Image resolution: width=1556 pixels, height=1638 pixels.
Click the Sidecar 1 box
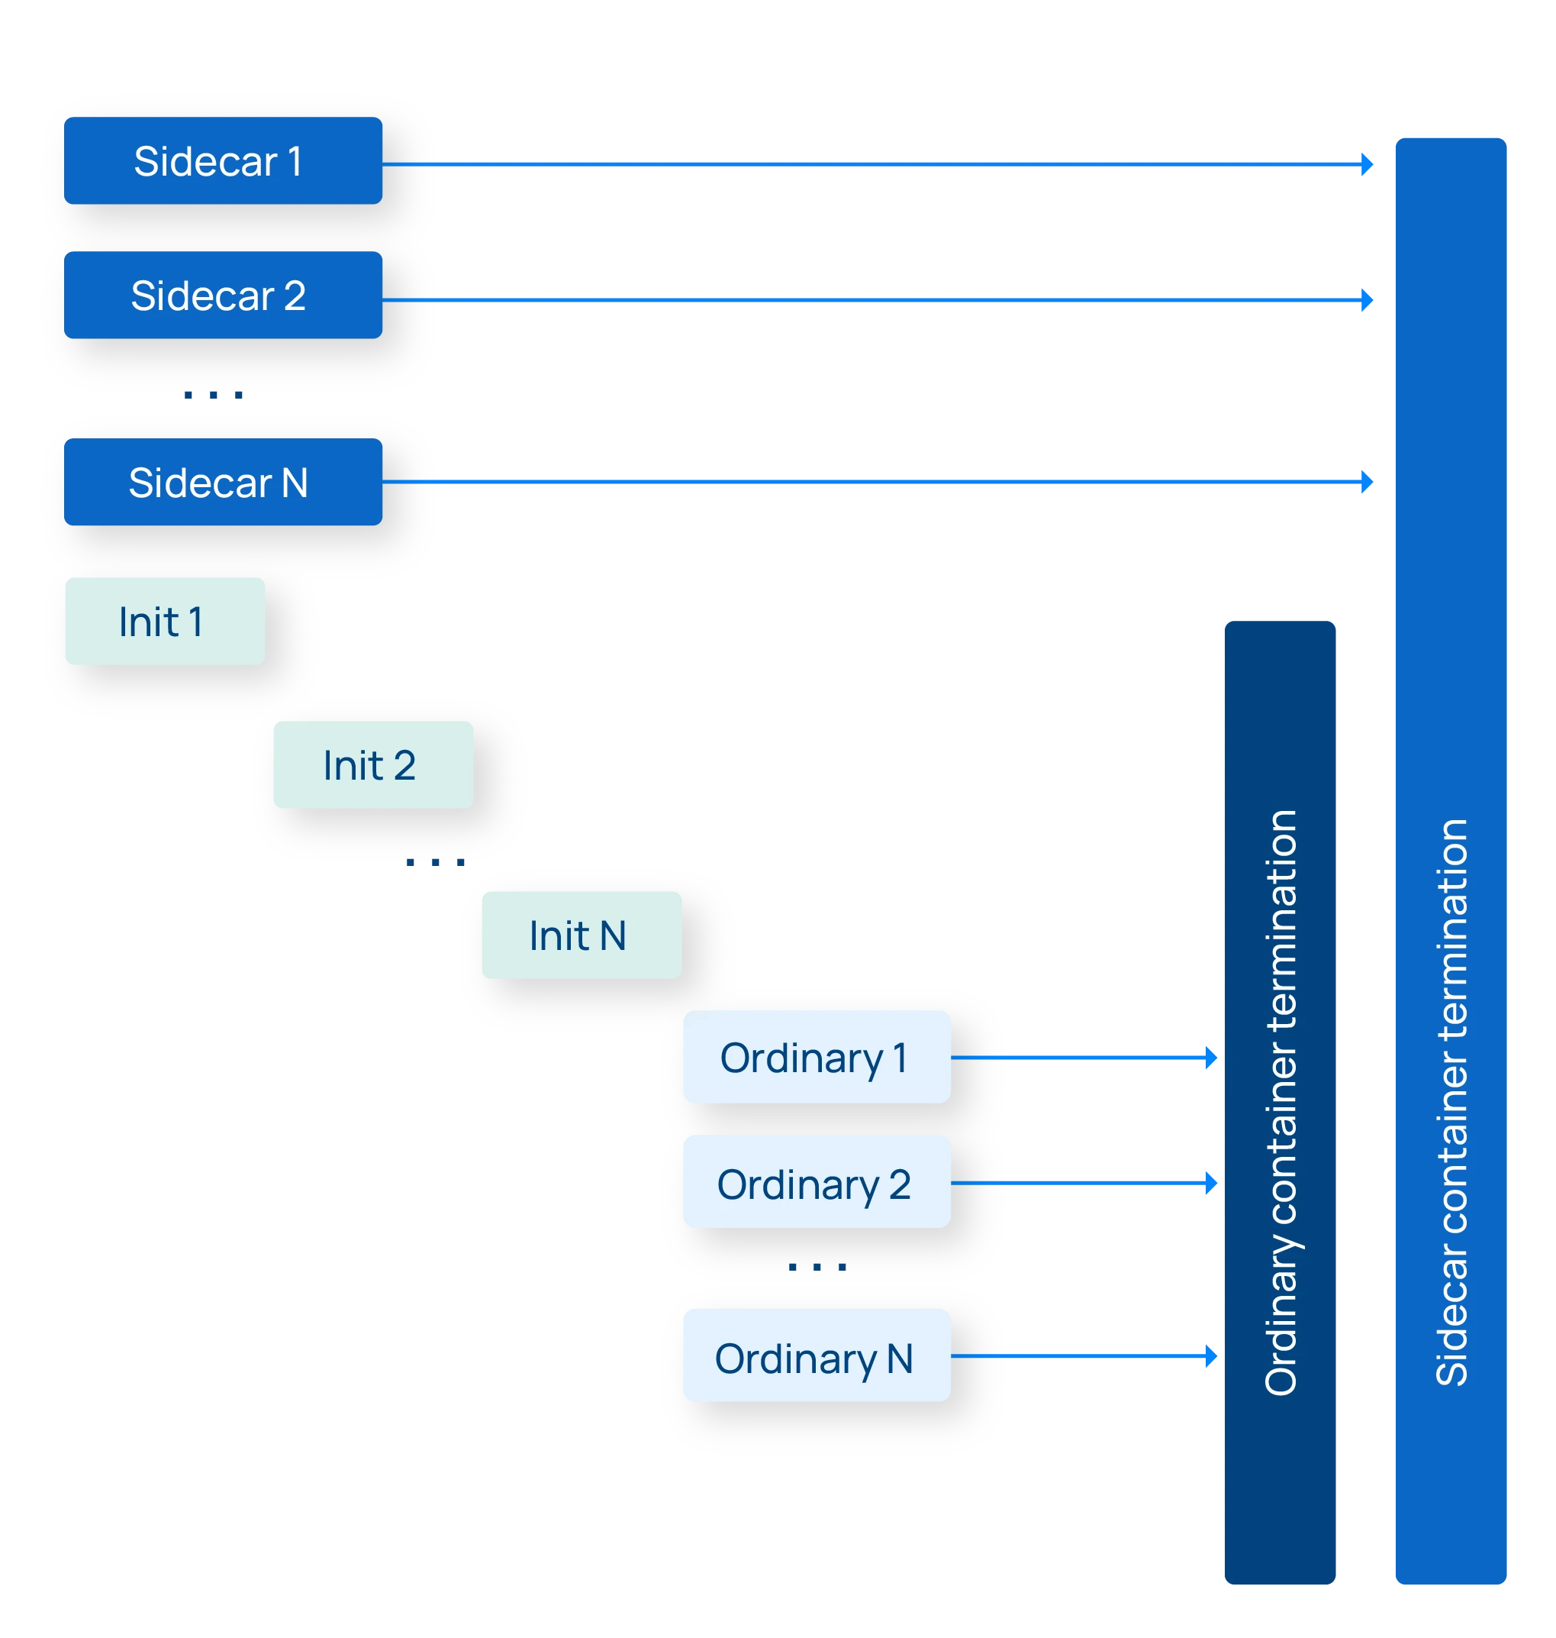(223, 161)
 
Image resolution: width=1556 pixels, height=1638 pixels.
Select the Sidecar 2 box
(223, 296)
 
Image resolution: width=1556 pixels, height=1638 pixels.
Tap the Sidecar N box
(223, 482)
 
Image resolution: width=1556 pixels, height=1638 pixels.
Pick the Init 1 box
(165, 622)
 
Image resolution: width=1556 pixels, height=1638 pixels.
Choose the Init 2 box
(373, 765)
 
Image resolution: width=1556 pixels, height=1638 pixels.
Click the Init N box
(581, 935)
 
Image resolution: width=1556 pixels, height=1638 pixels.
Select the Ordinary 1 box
(816, 1057)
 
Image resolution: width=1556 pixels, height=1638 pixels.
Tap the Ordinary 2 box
(816, 1181)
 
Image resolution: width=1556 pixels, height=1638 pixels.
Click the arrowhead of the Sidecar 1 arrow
(1367, 164)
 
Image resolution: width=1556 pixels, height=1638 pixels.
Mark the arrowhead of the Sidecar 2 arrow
(1367, 299)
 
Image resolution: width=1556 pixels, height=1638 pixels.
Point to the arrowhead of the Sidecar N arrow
(1367, 480)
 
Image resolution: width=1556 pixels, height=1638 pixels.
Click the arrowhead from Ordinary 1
(1211, 1058)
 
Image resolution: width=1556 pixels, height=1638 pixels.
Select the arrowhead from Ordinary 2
(1211, 1182)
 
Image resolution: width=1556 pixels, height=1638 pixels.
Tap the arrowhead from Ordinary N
(1211, 1357)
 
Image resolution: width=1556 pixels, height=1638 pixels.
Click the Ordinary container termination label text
(1281, 1103)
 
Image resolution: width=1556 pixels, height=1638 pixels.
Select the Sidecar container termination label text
(1451, 1103)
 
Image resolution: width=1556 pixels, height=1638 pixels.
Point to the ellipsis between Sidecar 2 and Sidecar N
(214, 397)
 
